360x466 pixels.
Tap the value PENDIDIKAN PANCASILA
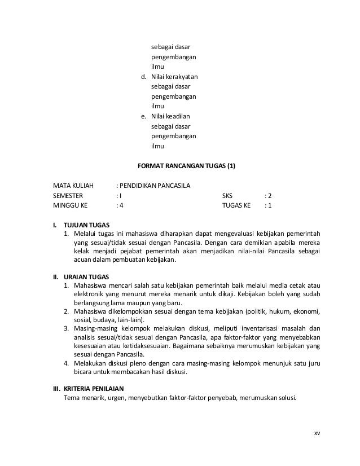point(155,186)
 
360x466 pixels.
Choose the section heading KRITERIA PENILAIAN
point(98,389)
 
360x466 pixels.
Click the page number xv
point(317,433)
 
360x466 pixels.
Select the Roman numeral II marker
point(56,278)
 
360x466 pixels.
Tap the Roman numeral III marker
point(57,389)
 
